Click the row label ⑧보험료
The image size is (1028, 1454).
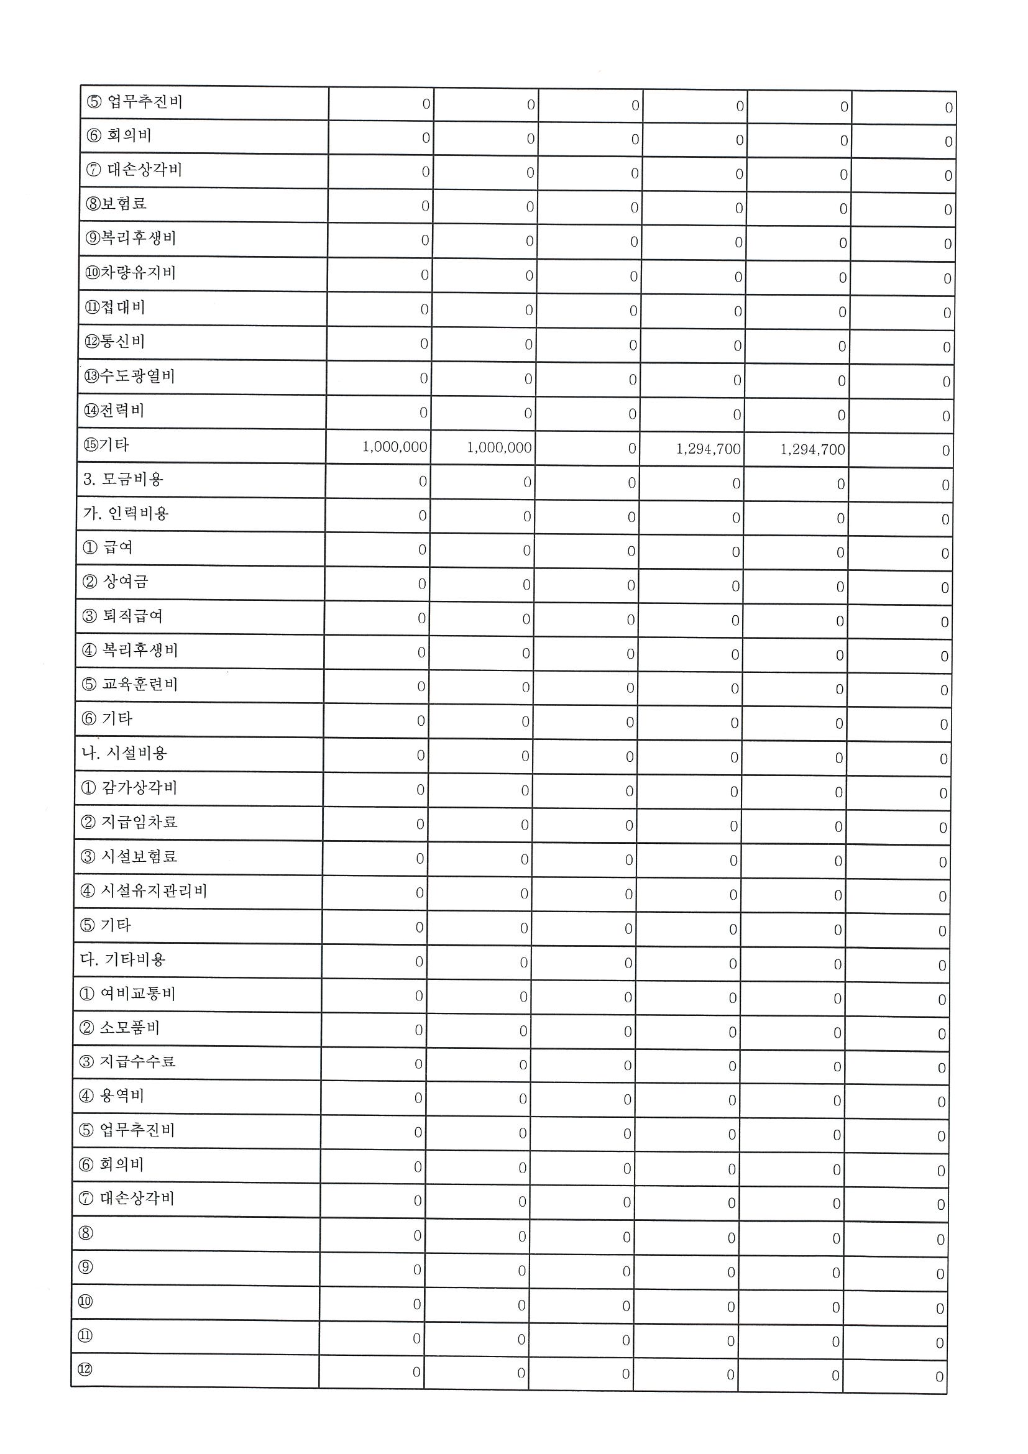[x=117, y=204]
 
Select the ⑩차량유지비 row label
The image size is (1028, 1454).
[x=131, y=273]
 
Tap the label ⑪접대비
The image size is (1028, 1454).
[x=115, y=307]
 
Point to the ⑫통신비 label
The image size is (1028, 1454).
[x=114, y=341]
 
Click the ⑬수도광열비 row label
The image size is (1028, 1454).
[x=129, y=376]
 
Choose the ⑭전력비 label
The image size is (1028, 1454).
[x=114, y=410]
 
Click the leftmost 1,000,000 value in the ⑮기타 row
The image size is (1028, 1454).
[x=395, y=447]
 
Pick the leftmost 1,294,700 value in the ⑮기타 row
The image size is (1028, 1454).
[x=708, y=449]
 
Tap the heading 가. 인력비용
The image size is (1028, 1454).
[x=126, y=513]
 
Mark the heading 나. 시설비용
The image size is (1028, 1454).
[x=124, y=753]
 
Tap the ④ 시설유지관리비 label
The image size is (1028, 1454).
[x=144, y=891]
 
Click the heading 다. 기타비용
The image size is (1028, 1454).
[x=122, y=959]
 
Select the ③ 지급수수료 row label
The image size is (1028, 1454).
[x=127, y=1061]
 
